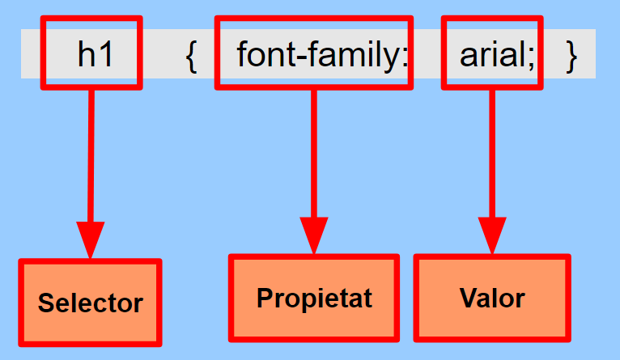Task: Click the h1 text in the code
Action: click(96, 54)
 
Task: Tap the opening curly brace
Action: click(191, 55)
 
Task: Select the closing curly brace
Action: click(571, 55)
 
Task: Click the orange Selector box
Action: click(90, 303)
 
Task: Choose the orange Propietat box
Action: click(314, 298)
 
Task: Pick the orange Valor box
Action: click(492, 298)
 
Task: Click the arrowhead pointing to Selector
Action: click(90, 238)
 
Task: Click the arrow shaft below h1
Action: click(91, 154)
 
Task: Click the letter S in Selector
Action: click(46, 303)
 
